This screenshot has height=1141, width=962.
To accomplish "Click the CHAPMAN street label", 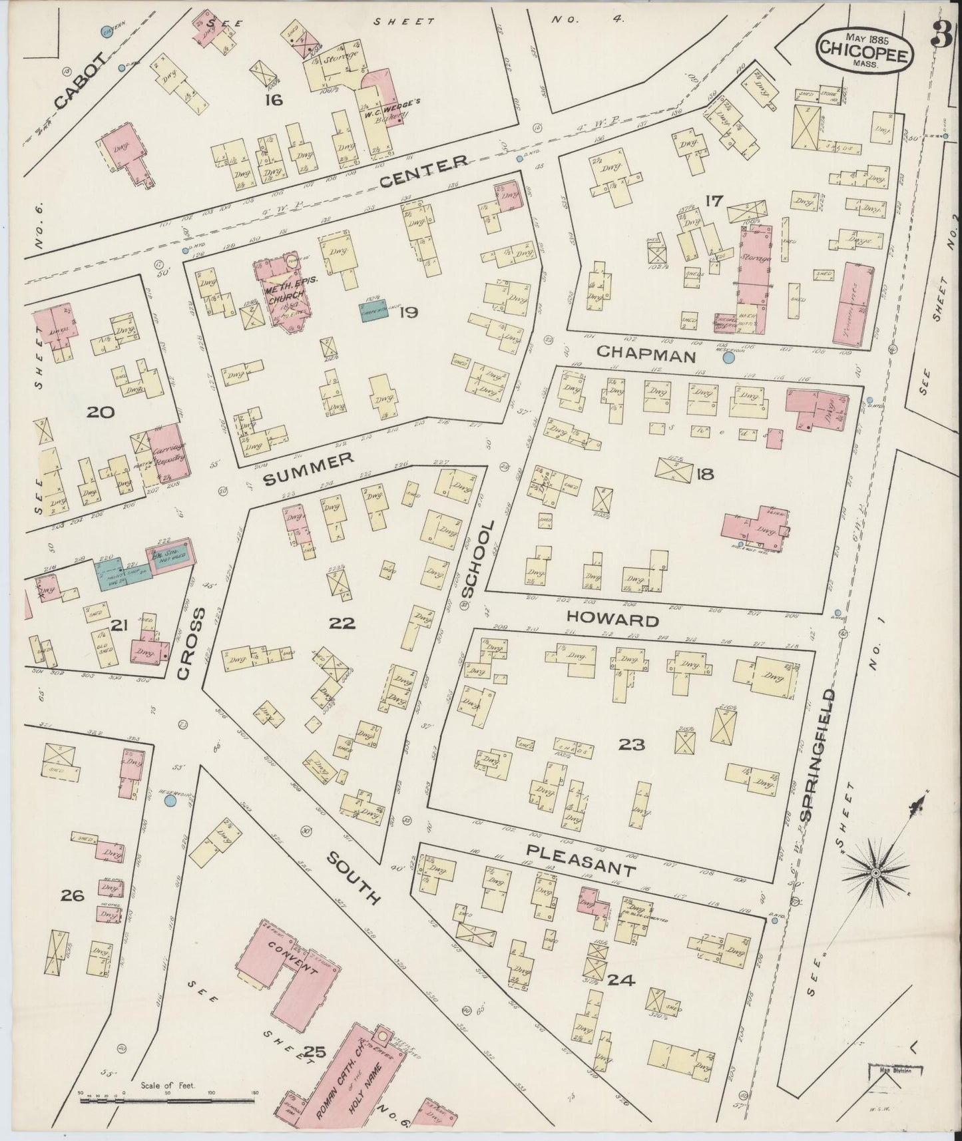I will click(x=646, y=355).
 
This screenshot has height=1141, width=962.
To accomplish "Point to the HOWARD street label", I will click(x=612, y=620).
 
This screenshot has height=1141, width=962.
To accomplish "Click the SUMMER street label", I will click(x=307, y=469).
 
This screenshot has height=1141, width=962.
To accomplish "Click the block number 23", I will click(x=631, y=744).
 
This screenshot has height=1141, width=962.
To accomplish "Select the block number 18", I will click(x=704, y=474).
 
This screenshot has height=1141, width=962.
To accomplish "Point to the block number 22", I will click(x=342, y=624).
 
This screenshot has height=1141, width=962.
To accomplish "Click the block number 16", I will click(x=273, y=101).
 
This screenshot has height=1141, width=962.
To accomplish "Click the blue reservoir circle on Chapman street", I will click(x=728, y=358).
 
